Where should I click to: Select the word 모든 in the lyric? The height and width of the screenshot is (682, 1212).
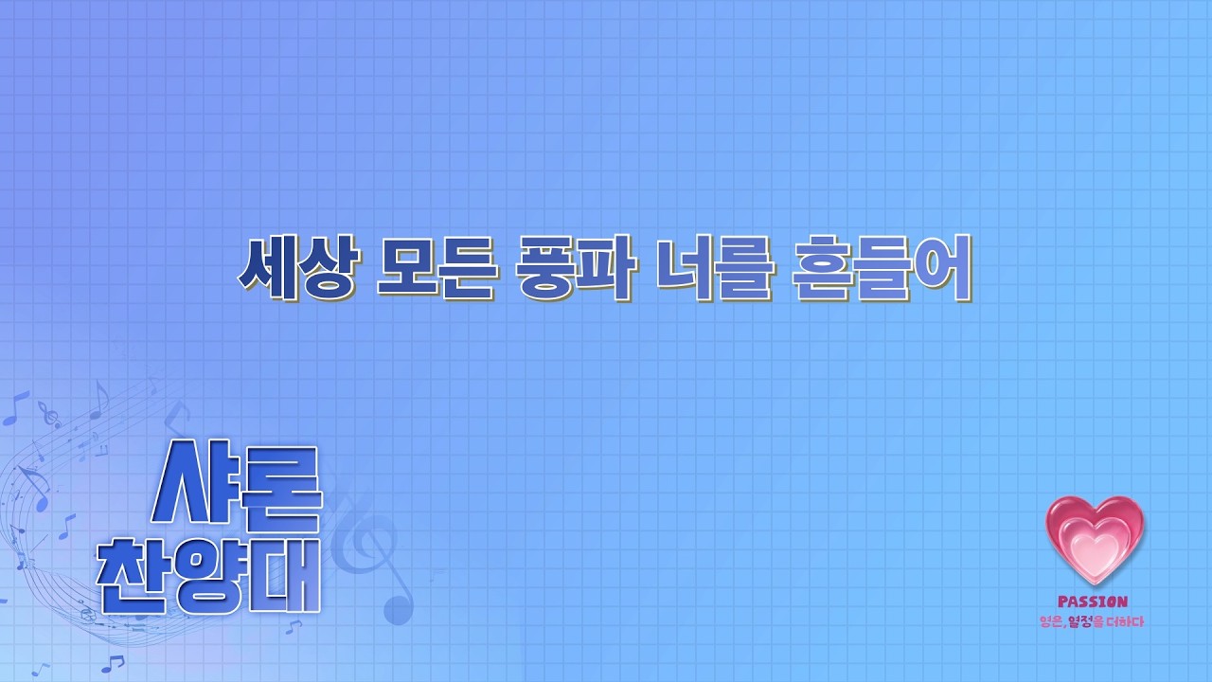point(436,267)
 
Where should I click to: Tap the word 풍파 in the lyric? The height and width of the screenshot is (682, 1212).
point(576,267)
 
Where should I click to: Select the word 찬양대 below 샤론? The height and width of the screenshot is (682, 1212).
point(209,576)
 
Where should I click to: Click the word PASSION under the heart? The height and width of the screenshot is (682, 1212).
point(1093,601)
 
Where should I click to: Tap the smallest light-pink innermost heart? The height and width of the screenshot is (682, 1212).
point(1093,553)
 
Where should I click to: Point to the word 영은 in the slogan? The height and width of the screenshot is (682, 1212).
point(1052,621)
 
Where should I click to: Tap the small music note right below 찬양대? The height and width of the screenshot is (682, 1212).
point(294,627)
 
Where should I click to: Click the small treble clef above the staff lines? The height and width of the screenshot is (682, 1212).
point(49,415)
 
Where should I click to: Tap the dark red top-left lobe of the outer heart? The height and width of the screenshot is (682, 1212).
point(1067,513)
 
